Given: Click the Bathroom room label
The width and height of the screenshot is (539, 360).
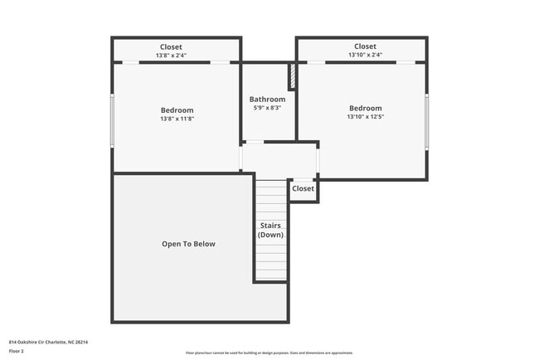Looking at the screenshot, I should click(x=267, y=100).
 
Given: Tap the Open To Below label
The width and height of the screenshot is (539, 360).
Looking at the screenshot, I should click(x=188, y=244).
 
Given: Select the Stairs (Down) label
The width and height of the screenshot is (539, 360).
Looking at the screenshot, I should click(x=270, y=230).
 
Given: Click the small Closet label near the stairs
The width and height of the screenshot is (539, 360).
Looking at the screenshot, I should click(x=303, y=189).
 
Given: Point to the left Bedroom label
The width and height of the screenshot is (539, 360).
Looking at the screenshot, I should click(x=177, y=110).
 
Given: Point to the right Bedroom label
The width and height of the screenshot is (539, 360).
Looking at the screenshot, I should click(x=365, y=108).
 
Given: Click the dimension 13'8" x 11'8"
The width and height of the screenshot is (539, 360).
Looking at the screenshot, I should click(x=177, y=119).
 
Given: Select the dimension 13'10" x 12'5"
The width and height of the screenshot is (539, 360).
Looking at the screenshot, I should click(x=365, y=117).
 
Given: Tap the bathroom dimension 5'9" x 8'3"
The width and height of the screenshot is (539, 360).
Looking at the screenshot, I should click(x=267, y=108).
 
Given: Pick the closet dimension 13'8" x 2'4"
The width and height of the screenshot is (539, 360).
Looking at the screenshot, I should click(x=171, y=56).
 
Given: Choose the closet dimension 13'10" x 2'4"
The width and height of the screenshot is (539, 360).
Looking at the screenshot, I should click(x=365, y=56).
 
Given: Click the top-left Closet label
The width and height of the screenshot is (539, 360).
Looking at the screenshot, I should click(x=171, y=47).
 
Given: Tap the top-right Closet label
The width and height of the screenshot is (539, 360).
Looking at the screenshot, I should click(x=365, y=46).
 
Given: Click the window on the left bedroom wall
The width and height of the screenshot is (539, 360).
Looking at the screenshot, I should click(x=112, y=121).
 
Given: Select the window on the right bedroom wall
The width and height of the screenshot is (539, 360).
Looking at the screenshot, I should click(x=427, y=121).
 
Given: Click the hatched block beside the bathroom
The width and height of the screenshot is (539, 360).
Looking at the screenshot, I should click(x=292, y=77).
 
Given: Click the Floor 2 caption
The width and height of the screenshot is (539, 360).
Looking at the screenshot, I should click(x=17, y=352).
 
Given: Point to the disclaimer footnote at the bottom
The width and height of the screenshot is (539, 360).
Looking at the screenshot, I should click(x=269, y=353).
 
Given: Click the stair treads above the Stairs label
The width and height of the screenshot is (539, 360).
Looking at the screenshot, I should click(x=270, y=199).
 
